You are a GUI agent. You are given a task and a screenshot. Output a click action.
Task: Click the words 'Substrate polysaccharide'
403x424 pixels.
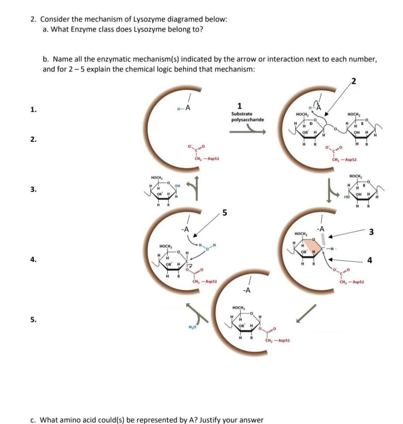coord(248,117)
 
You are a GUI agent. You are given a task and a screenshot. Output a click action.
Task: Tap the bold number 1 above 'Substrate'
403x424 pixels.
coord(239,106)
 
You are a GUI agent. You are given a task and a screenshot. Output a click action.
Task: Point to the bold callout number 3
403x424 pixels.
coord(371,232)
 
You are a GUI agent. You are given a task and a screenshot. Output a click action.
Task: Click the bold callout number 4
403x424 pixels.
coord(369,260)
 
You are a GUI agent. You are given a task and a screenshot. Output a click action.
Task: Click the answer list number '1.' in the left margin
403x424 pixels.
coord(33,110)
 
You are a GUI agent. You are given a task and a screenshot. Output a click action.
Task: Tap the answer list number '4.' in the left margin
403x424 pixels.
coord(33,260)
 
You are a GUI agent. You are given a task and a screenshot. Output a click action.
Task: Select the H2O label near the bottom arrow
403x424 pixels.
coord(193,327)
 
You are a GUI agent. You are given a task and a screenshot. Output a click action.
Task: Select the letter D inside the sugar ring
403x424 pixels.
coord(311,124)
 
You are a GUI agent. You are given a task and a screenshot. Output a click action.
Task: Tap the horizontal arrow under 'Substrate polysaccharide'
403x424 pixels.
coord(248,131)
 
